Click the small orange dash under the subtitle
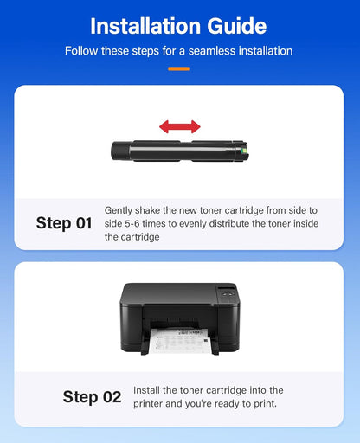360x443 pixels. (x=179, y=68)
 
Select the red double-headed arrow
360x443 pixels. (x=179, y=127)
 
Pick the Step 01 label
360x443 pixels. (x=63, y=223)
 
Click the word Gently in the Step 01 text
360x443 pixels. (x=119, y=210)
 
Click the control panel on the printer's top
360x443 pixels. (x=227, y=292)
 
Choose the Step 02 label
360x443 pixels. (x=92, y=397)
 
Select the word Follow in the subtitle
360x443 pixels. (x=81, y=51)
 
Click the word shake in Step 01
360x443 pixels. (x=151, y=210)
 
